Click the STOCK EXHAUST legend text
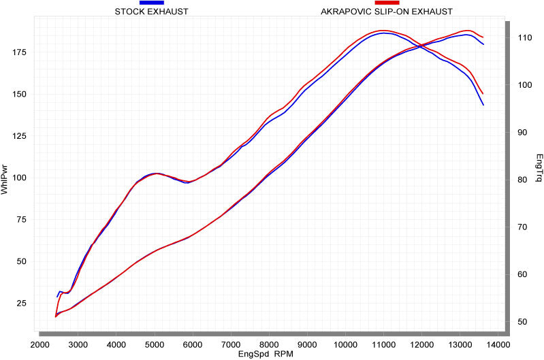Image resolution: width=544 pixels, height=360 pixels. point(152,12)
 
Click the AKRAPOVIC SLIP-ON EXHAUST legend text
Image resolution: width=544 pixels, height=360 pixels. point(386,12)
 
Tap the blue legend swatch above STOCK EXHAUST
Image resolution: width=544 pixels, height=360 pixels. point(152,3)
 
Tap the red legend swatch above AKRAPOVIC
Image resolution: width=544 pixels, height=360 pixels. point(386,3)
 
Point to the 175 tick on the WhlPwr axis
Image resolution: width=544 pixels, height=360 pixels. point(21,52)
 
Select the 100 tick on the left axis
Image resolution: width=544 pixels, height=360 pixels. point(21,178)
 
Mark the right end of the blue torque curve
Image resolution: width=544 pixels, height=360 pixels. point(483,105)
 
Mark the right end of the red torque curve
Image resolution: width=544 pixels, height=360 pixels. point(483,94)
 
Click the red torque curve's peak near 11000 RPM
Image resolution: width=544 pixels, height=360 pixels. point(384,31)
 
